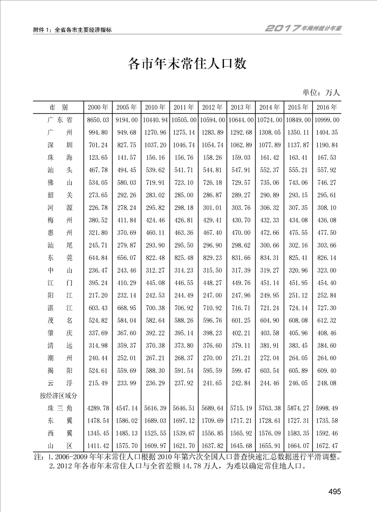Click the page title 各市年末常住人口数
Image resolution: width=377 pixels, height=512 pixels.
pos(188,64)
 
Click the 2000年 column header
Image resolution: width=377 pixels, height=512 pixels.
pos(98,107)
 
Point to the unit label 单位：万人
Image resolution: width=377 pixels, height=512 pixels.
pos(321,92)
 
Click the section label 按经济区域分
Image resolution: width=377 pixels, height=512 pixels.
pos(61,395)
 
